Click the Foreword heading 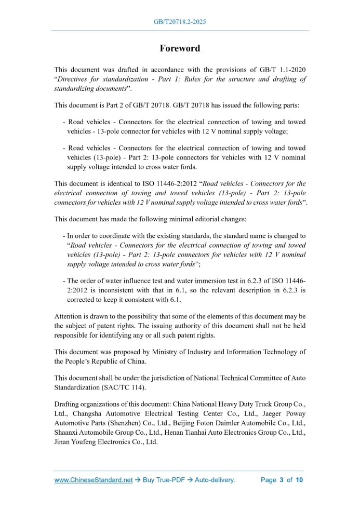(180, 48)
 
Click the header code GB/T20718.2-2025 (180, 22)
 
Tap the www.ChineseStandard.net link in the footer (94, 480)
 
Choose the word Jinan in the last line (64, 442)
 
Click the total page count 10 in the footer (299, 480)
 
